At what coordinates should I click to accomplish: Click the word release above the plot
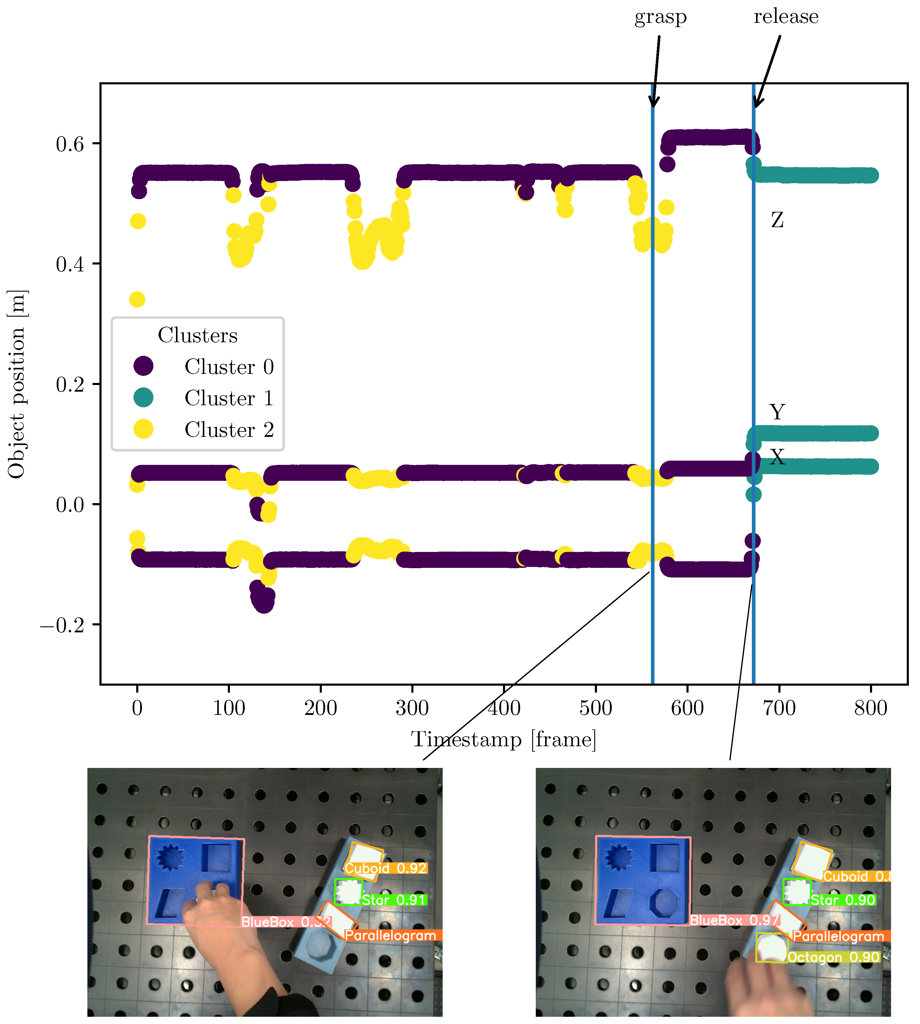click(x=786, y=17)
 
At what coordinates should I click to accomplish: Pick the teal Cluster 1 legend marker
click(x=143, y=398)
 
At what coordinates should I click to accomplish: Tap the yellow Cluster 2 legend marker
click(x=143, y=429)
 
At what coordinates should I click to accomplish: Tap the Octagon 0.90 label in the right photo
click(x=833, y=957)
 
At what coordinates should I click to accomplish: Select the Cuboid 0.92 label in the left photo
click(x=386, y=868)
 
